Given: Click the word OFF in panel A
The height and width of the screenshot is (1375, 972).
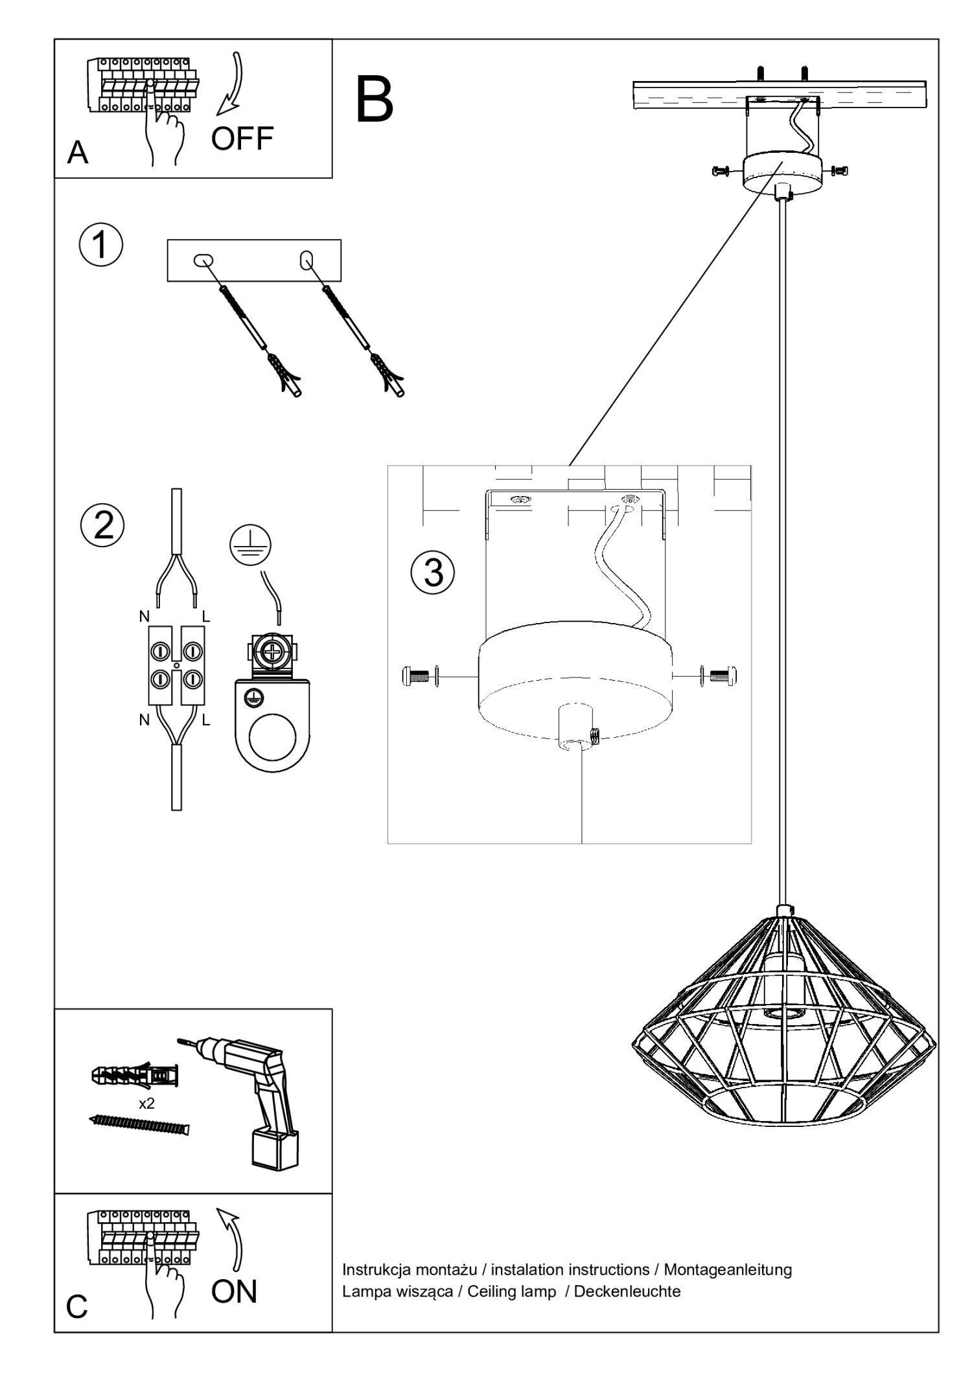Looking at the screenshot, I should click(242, 138).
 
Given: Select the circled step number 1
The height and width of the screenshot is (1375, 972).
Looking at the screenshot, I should click(100, 246).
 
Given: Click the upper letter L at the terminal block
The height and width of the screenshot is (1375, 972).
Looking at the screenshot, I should click(206, 617).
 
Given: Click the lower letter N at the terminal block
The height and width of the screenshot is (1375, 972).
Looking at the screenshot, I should click(144, 719).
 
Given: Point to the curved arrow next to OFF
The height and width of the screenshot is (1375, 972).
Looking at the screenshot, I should click(231, 84).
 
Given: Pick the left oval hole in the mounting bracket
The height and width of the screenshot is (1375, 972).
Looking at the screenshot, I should click(203, 260).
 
